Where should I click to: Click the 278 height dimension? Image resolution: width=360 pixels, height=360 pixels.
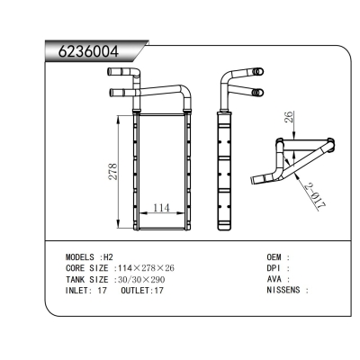click(112, 173)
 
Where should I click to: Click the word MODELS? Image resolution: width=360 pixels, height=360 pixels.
click(82, 256)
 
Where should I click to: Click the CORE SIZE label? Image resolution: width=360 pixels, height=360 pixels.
click(87, 268)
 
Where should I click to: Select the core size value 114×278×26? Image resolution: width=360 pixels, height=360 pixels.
click(144, 268)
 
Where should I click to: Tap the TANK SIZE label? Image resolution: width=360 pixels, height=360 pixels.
click(87, 279)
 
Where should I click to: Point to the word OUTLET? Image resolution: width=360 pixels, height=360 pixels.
click(135, 291)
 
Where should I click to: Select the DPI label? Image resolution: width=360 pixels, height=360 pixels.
click(274, 268)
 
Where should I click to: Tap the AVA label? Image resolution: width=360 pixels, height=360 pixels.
click(274, 279)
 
